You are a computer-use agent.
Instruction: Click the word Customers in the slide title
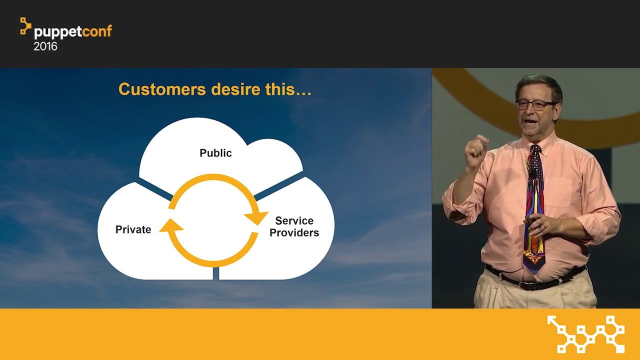pyautogui.click(x=162, y=89)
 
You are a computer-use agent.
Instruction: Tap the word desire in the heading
pyautogui.click(x=235, y=89)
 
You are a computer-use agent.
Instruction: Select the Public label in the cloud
pyautogui.click(x=215, y=153)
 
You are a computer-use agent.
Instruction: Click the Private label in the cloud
pyautogui.click(x=133, y=229)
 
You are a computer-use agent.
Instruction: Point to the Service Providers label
pyautogui.click(x=294, y=226)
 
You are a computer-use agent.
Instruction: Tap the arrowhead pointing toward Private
pyautogui.click(x=171, y=225)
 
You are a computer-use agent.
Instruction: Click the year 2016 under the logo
pyautogui.click(x=45, y=46)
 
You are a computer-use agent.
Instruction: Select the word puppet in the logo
pyautogui.click(x=58, y=32)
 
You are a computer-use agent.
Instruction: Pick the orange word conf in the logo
pyautogui.click(x=97, y=31)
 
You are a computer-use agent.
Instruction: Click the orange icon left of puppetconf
pyautogui.click(x=25, y=26)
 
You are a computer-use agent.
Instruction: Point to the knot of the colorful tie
pyautogui.click(x=535, y=149)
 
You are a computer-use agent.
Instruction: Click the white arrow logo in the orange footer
pyautogui.click(x=585, y=334)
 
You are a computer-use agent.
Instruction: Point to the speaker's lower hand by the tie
pyautogui.click(x=540, y=225)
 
